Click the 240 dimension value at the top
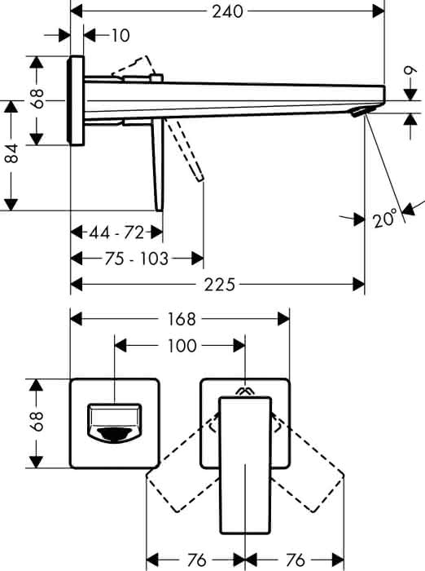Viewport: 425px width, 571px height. pyautogui.click(x=227, y=11)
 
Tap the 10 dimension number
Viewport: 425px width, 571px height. pyautogui.click(x=120, y=35)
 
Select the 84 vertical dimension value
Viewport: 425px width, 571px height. pyautogui.click(x=12, y=153)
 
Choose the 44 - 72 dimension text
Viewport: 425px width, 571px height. pyautogui.click(x=117, y=232)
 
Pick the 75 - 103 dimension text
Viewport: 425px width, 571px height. pyautogui.click(x=137, y=259)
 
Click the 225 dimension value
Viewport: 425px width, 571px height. pyautogui.click(x=220, y=285)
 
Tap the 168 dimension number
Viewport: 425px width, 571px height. pyautogui.click(x=182, y=319)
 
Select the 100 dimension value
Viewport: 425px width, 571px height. pyautogui.click(x=182, y=345)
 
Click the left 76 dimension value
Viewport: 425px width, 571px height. pyautogui.click(x=196, y=560)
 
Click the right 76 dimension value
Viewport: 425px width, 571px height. pyautogui.click(x=295, y=560)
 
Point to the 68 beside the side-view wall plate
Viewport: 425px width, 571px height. pyautogui.click(x=37, y=99)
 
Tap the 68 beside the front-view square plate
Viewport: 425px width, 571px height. pyautogui.click(x=37, y=422)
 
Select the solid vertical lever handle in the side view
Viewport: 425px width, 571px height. pyautogui.click(x=158, y=165)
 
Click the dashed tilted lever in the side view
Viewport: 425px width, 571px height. pyautogui.click(x=183, y=149)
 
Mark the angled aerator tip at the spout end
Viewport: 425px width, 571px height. pyautogui.click(x=360, y=112)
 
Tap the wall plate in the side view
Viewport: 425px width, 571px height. pyautogui.click(x=76, y=100)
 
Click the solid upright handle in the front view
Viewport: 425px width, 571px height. pyautogui.click(x=246, y=466)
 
